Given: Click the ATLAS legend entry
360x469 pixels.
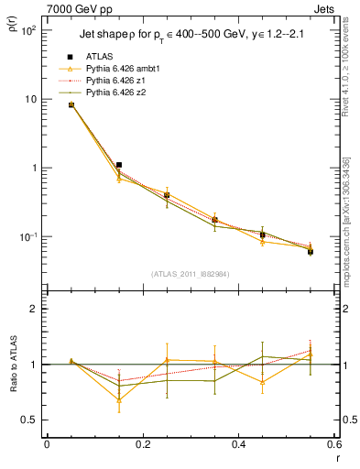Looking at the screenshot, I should click(101, 57).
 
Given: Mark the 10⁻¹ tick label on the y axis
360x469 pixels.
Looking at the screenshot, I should click(27, 237).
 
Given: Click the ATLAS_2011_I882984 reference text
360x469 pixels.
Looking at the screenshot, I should click(190, 273).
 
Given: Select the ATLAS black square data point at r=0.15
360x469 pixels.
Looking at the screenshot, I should click(119, 165).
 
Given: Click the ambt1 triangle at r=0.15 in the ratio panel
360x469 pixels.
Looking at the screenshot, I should click(119, 399).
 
